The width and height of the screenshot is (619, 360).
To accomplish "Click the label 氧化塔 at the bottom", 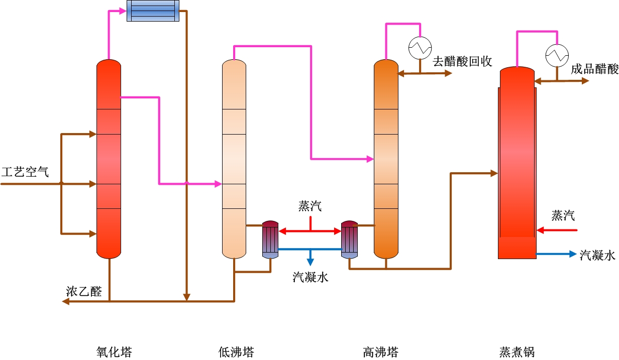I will coord(114,351).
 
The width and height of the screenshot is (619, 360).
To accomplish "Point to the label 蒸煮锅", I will coord(517,351).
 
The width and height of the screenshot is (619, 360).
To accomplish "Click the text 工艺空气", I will coord(25,172).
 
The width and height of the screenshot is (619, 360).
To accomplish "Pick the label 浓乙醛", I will coord(84,292).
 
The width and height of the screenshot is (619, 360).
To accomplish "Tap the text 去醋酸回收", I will coord(462,61).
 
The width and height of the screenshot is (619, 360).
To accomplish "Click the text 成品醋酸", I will coord(594,69).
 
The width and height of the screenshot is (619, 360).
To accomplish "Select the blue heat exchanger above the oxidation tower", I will coord(153,11).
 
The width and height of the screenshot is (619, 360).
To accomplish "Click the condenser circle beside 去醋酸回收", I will coord(420,48).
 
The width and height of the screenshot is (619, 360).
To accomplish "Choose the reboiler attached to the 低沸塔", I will coord(270,239).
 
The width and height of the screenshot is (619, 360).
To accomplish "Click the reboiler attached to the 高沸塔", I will coord(349,239).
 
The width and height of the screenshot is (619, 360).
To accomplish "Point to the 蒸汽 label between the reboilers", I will coord(310,206).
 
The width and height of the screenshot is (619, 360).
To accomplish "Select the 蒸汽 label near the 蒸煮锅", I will coord(563,216).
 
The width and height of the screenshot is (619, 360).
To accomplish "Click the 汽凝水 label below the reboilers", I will coord(311,276).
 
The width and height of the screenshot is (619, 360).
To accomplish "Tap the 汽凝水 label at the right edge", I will coord(597,255).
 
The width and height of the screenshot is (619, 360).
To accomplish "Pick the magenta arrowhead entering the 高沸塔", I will coord(370,159).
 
